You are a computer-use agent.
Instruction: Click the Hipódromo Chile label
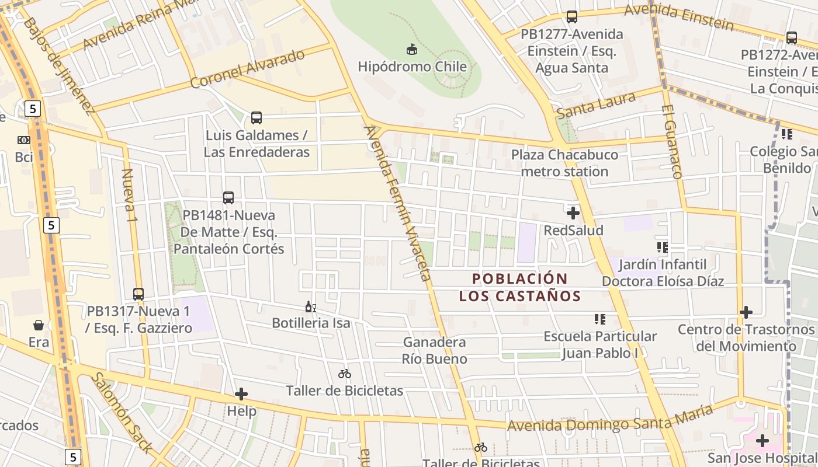click(x=413, y=67)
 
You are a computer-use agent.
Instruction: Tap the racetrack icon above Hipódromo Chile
click(x=413, y=50)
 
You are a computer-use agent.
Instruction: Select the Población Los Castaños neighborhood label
click(x=520, y=287)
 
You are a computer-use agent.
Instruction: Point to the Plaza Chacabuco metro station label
click(x=564, y=163)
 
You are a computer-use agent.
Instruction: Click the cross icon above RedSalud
click(x=573, y=213)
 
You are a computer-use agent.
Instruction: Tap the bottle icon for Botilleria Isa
click(x=310, y=306)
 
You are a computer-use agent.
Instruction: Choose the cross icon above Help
click(x=241, y=394)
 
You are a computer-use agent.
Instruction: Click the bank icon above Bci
click(x=24, y=140)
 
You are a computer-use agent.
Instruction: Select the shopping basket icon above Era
click(x=39, y=325)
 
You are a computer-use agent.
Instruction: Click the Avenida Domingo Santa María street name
click(x=610, y=418)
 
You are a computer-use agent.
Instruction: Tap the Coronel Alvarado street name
click(x=248, y=69)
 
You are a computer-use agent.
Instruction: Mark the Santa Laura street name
click(x=596, y=105)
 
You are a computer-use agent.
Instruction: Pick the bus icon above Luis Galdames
click(x=256, y=118)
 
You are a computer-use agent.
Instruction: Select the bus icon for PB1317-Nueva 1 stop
click(x=138, y=294)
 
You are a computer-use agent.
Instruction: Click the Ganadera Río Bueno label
click(x=435, y=350)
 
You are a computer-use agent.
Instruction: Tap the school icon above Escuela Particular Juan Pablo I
click(x=599, y=319)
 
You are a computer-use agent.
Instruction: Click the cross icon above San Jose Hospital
click(x=762, y=440)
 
